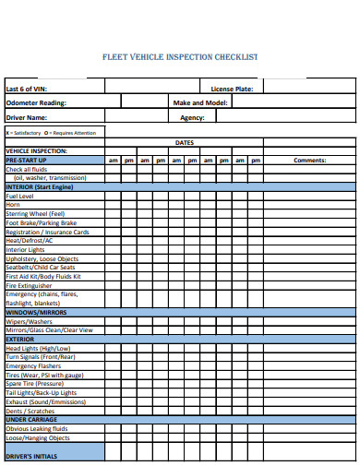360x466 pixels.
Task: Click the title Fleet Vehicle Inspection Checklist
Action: coord(179,56)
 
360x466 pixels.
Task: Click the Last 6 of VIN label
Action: coord(26,89)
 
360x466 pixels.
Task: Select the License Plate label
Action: coord(232,89)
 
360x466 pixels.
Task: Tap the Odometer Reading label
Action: coord(36,103)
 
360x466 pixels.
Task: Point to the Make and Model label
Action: coord(200,103)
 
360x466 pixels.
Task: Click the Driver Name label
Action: coord(26,118)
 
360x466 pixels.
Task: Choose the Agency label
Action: coord(192,118)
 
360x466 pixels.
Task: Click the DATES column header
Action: coord(184,143)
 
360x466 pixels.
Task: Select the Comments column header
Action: coord(309,161)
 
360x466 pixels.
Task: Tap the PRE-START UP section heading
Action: coord(27,161)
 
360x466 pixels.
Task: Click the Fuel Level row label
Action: coord(19,197)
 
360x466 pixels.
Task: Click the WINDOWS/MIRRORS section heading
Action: coord(35,312)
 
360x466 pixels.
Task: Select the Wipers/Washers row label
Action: coord(29,321)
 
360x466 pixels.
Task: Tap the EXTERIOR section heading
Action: coord(19,339)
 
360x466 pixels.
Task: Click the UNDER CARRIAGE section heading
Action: coord(30,419)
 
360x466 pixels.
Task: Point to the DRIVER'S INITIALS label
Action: coord(31,456)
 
